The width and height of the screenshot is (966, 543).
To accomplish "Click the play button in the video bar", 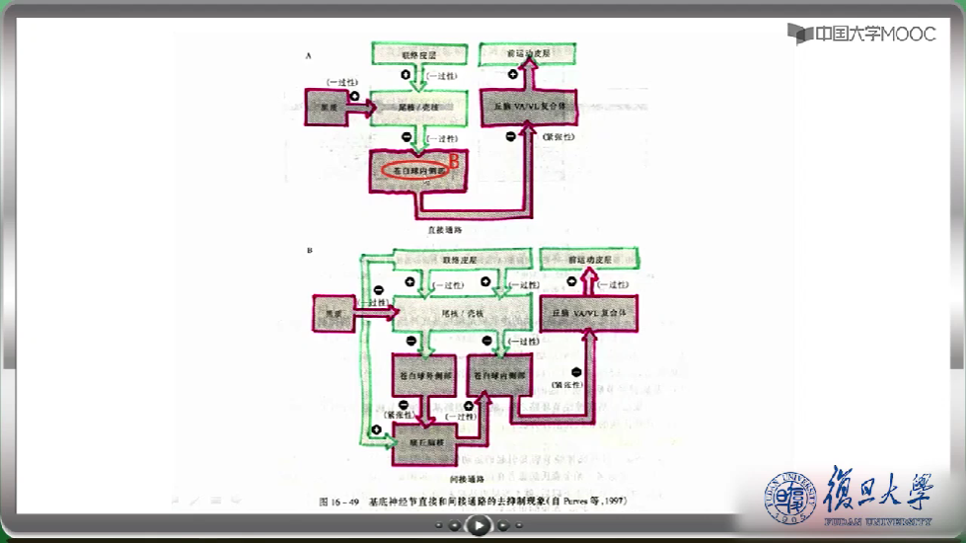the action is pos(478,526).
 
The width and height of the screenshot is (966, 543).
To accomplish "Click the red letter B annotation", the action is pos(456,160).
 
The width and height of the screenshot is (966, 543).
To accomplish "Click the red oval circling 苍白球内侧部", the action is pos(415,170).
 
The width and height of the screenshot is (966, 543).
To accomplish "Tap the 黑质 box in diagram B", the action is pos(334,314).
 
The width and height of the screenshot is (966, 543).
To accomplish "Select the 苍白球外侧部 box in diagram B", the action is pos(423,377).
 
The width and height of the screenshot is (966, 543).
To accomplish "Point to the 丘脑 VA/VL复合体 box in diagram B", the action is pos(590,314).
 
